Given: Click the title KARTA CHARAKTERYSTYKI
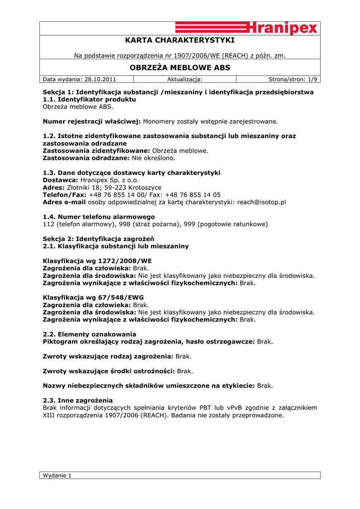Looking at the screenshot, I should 180,40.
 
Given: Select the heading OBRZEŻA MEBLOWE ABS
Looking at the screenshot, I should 180,68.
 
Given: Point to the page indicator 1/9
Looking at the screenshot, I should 312,79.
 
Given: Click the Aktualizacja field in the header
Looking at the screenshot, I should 184,79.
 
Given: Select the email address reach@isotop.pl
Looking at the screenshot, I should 262,202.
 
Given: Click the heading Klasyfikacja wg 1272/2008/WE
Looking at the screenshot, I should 97,260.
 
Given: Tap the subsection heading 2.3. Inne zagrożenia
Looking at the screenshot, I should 78,400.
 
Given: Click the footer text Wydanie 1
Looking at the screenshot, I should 58,475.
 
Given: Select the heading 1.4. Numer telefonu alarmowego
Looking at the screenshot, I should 99,217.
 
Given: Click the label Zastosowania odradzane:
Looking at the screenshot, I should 87,158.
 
